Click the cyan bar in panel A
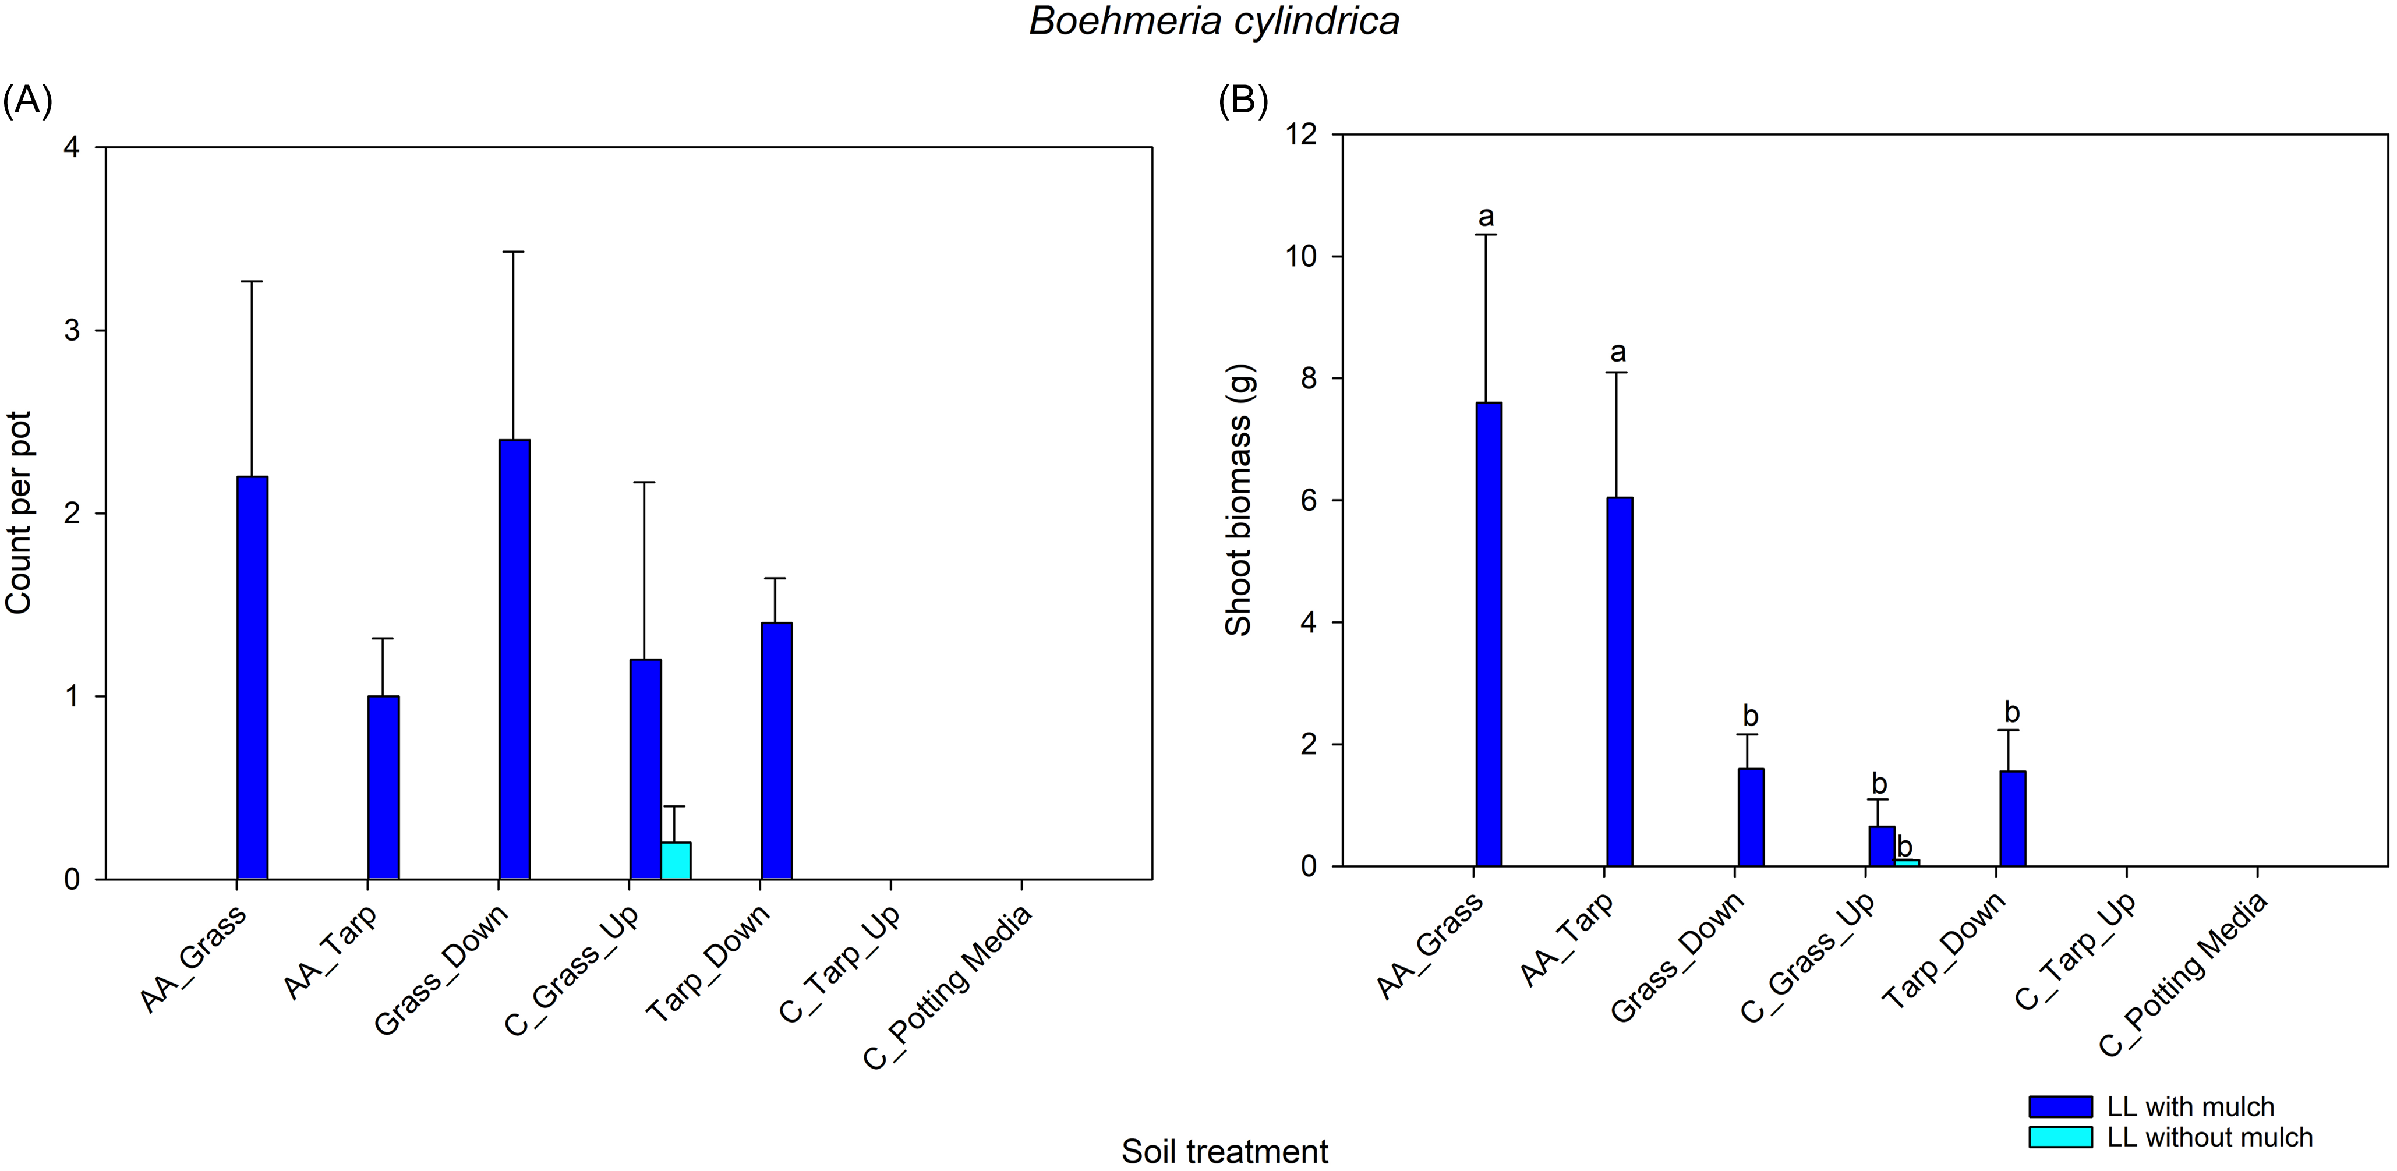tap(676, 861)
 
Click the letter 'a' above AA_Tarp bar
tap(1618, 352)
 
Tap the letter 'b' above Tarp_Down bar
tap(2011, 713)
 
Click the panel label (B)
tap(1243, 101)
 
